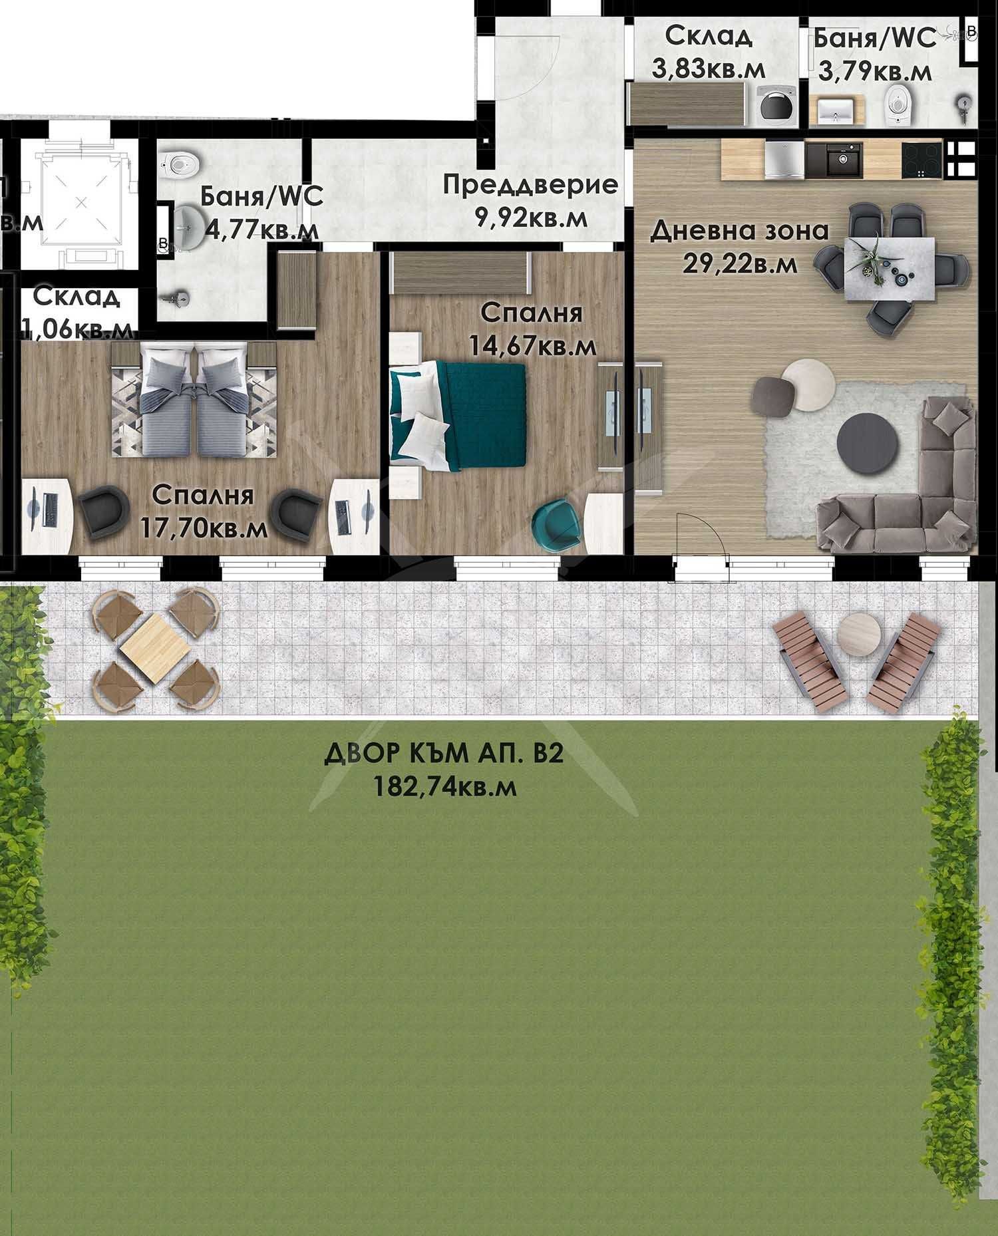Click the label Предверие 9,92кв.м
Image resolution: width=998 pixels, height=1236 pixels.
(x=530, y=200)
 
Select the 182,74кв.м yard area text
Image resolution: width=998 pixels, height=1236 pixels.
(x=445, y=787)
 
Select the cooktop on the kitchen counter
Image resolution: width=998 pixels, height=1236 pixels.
(x=921, y=160)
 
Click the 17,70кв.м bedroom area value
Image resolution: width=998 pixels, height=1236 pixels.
(x=204, y=528)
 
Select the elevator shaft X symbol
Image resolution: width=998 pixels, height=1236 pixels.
(x=81, y=200)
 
